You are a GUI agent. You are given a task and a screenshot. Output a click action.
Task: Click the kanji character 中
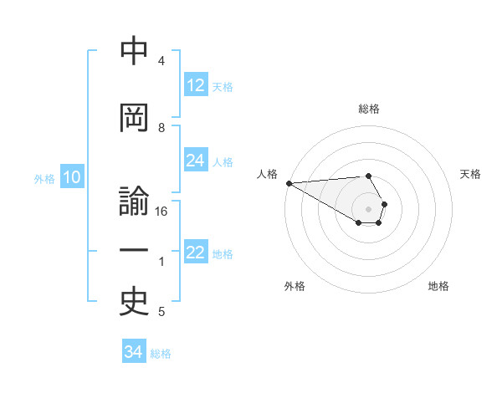click(x=134, y=52)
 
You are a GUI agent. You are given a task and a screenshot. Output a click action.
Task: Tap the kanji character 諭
click(x=134, y=202)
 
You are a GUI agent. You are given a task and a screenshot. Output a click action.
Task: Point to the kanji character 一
click(x=134, y=251)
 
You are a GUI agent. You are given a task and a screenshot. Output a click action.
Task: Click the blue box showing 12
click(x=196, y=85)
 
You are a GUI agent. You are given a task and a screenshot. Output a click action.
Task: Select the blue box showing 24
click(x=196, y=161)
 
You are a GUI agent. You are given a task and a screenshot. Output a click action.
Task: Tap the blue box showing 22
click(x=196, y=253)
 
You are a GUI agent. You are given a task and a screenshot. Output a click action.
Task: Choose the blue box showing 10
click(x=71, y=177)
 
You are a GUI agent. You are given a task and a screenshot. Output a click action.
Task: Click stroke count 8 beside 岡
click(x=161, y=128)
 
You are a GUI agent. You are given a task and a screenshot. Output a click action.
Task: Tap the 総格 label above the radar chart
click(x=369, y=109)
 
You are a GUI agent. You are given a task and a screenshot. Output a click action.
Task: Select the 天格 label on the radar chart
click(x=470, y=174)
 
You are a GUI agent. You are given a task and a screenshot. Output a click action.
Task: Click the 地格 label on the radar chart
click(x=438, y=286)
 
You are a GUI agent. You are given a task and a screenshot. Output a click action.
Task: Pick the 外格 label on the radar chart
click(x=295, y=286)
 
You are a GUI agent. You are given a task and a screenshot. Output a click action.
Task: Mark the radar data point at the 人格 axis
click(x=289, y=183)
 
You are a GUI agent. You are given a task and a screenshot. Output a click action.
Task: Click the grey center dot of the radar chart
click(x=368, y=208)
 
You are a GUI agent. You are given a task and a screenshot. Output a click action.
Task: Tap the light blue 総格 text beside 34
click(x=161, y=354)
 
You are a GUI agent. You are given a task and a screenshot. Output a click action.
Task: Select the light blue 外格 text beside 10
click(x=44, y=178)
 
